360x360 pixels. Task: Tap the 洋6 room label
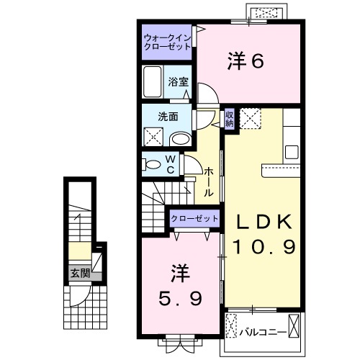(x=246, y=63)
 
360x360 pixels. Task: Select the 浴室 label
(x=179, y=82)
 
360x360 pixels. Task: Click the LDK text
(x=264, y=222)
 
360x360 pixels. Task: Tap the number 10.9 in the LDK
(x=264, y=248)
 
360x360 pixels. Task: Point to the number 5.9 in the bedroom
(x=180, y=297)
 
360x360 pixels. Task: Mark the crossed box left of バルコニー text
(x=230, y=326)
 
